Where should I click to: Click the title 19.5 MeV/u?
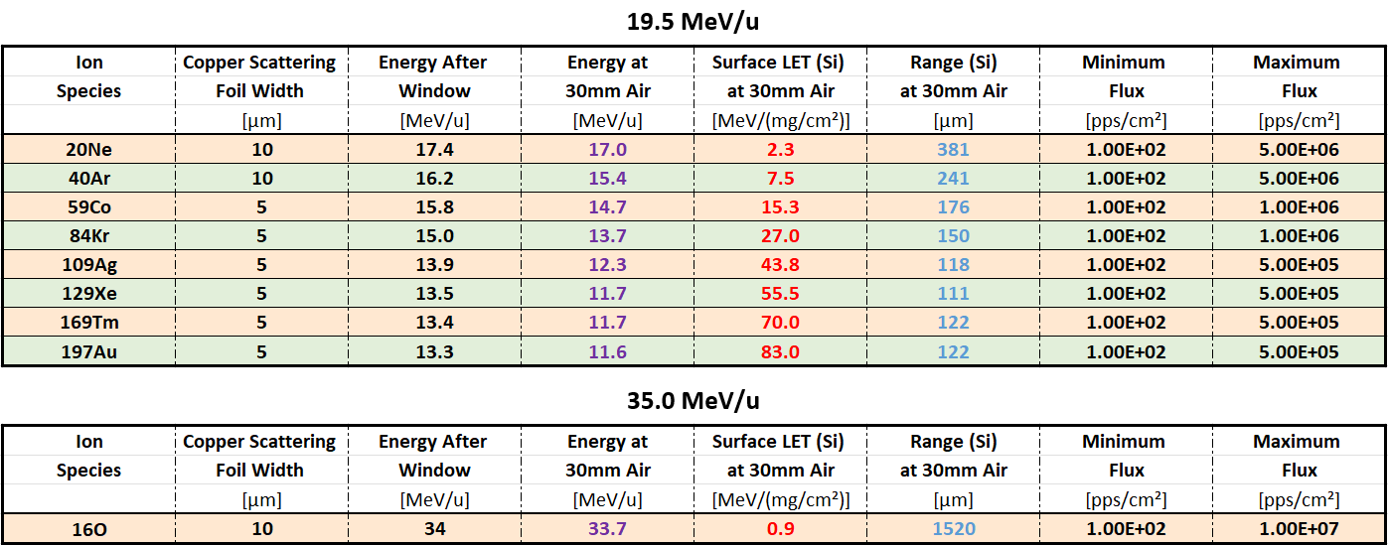click(693, 21)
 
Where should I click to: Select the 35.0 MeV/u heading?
click(693, 400)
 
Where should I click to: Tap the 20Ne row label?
click(89, 150)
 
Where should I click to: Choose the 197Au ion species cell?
click(89, 351)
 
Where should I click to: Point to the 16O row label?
click(89, 529)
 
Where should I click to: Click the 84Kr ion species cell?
click(89, 236)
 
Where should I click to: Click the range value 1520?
click(953, 529)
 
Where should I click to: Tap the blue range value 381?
click(953, 150)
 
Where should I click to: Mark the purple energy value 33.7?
click(607, 529)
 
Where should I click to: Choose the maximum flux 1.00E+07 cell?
click(1298, 529)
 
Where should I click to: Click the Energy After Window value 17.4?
click(433, 150)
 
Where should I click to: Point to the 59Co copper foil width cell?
click(260, 207)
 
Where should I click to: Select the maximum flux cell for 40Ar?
click(1298, 179)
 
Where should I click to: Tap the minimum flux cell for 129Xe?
click(1125, 294)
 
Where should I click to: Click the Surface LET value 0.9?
click(780, 529)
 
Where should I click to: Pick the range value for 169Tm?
click(953, 323)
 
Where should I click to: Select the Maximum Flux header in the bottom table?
click(1298, 456)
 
